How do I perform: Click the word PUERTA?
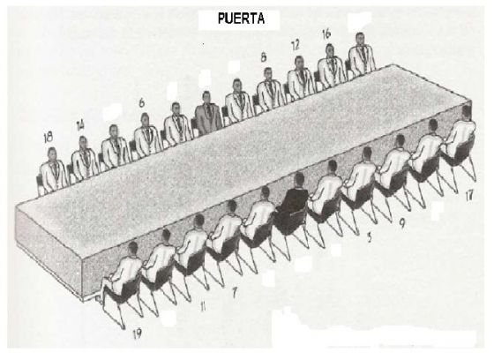[241, 19]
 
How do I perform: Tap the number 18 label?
[49, 137]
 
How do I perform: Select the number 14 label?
[80, 125]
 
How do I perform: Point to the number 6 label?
[142, 102]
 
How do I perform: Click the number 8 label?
[264, 57]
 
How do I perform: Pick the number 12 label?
[296, 45]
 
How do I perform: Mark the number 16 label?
[326, 34]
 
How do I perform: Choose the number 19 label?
[138, 334]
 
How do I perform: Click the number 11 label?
[203, 306]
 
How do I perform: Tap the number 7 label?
[234, 293]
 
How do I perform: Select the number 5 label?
[370, 237]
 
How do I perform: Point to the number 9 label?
[401, 223]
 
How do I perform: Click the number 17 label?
[469, 196]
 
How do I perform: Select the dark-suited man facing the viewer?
[207, 114]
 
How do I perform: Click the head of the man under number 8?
[268, 73]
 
